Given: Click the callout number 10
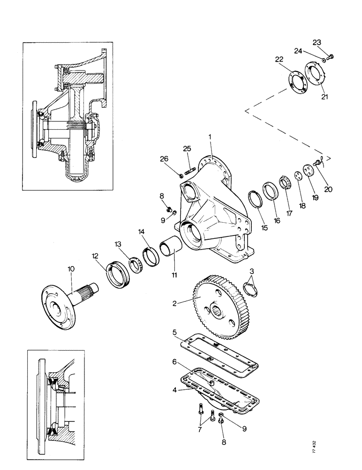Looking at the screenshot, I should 70,269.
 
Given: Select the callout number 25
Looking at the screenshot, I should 187,149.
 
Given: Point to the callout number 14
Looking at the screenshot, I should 142,232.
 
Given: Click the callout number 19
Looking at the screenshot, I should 315,197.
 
